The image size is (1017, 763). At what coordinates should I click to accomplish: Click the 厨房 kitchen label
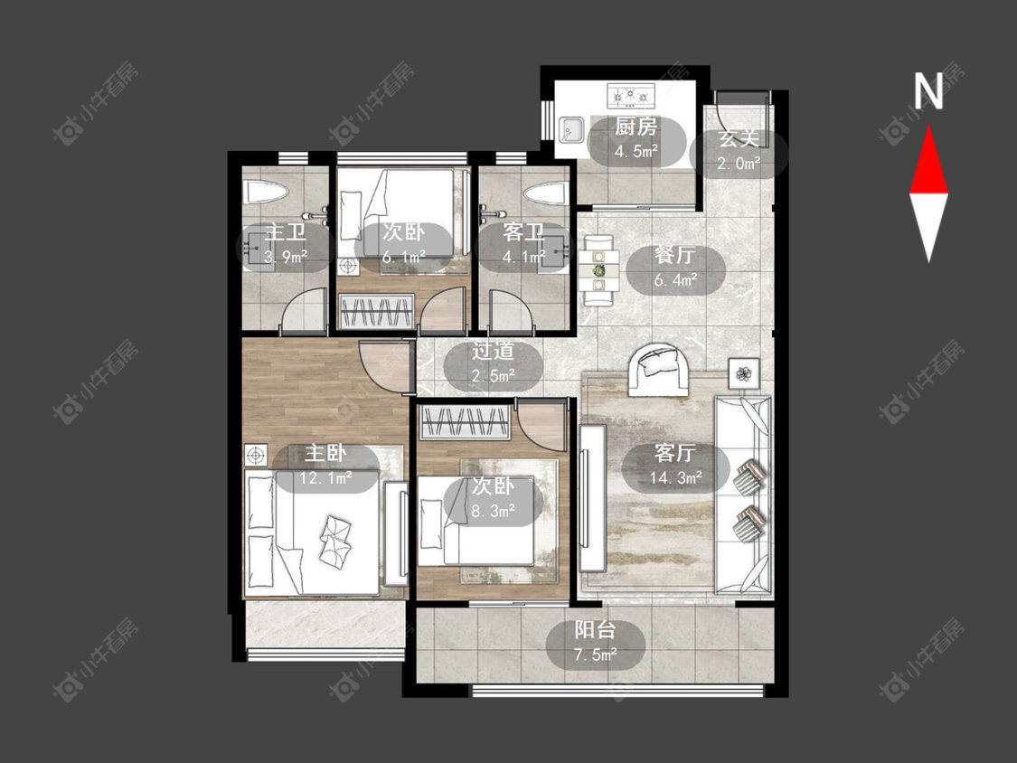636,127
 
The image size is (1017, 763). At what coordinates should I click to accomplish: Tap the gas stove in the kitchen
630,97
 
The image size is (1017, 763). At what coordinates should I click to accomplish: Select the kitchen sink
570,129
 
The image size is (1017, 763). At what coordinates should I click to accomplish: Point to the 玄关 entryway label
739,139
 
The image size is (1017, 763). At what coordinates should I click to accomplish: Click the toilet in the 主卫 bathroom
265,193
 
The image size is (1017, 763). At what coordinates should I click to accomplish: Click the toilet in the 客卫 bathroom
547,193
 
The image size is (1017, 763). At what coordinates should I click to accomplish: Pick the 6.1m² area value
403,257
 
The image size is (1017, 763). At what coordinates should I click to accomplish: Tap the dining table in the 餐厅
598,269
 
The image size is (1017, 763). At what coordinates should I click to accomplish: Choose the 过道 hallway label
493,351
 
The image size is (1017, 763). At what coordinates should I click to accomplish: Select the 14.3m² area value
676,478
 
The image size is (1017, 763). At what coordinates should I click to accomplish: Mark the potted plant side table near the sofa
744,373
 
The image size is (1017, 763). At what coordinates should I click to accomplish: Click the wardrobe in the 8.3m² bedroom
465,422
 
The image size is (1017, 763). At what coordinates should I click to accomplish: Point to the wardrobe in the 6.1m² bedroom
377,311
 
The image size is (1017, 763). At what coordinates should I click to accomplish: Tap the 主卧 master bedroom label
325,453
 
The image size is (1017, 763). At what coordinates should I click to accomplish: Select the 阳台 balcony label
595,630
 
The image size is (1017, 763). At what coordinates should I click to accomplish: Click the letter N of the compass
928,90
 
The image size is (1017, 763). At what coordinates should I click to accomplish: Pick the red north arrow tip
928,127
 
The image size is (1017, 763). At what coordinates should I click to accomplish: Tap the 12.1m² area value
325,478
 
